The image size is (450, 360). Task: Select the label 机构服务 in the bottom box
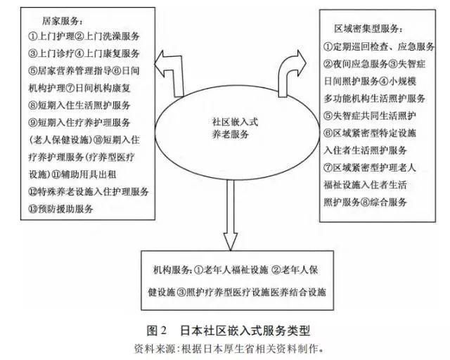click(170, 270)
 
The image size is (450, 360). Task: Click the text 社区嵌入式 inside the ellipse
click(235, 122)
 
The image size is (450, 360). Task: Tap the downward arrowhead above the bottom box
click(231, 241)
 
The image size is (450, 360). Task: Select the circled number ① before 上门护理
click(33, 36)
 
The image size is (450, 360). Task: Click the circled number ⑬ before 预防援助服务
click(33, 209)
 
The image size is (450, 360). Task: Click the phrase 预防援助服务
click(65, 209)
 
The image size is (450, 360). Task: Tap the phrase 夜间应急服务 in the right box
click(361, 64)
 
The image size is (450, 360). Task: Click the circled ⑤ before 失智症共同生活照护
click(328, 116)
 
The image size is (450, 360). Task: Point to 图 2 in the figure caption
click(156, 330)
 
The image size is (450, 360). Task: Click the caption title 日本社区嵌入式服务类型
click(245, 330)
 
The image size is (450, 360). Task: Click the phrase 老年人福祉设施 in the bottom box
click(236, 270)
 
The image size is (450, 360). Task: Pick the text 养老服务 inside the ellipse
click(231, 134)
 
